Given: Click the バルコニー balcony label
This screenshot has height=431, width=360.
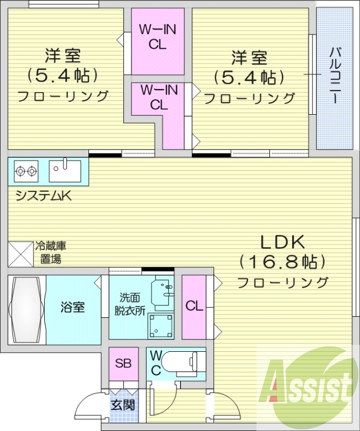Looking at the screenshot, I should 334,76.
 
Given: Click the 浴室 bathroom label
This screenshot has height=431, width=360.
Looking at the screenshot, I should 73,308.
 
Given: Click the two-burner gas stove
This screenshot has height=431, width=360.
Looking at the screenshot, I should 26,171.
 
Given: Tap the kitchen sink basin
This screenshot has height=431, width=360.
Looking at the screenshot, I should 65,170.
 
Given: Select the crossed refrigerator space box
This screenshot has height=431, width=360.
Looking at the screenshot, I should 21,253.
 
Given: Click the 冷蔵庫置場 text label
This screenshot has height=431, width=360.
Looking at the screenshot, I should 51,253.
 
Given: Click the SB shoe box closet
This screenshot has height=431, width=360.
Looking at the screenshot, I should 123,363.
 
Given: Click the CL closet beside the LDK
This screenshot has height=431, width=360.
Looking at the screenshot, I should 194,306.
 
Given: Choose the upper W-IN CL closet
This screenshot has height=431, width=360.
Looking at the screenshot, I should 157,38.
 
